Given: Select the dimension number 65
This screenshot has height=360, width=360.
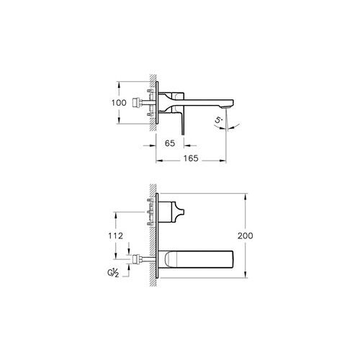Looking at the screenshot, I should [171, 144].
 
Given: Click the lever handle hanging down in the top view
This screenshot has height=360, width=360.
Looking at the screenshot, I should [184, 120].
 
